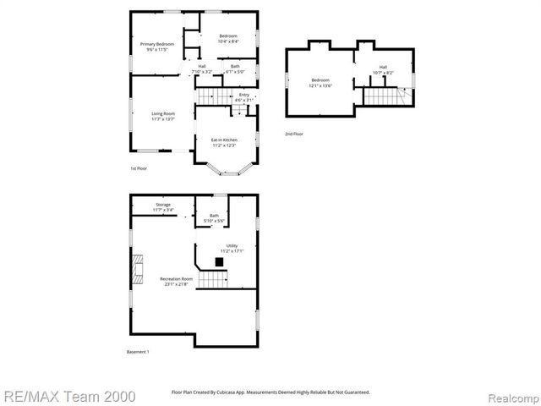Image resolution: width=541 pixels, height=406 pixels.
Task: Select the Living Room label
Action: point(163,116)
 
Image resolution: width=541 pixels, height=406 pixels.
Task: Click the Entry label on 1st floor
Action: point(243,96)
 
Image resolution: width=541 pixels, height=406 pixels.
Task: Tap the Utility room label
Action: point(232,248)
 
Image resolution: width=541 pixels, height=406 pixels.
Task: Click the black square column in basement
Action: point(220,263)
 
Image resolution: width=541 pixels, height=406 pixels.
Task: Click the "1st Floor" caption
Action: point(139,168)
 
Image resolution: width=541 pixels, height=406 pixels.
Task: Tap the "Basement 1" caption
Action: point(138,352)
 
